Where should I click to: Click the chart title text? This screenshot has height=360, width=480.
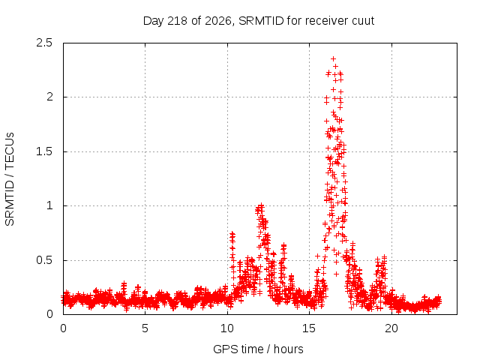click(259, 21)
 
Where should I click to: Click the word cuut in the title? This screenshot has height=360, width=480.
click(363, 21)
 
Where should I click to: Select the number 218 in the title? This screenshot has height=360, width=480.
click(178, 21)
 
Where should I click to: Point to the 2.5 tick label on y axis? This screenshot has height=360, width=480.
click(44, 43)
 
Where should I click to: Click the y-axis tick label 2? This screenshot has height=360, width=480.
click(49, 97)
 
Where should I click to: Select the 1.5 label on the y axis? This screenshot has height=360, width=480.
click(44, 151)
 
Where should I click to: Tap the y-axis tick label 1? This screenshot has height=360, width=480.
click(50, 205)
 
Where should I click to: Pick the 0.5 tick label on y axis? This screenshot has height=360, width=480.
click(44, 260)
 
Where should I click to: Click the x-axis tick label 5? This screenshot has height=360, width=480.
click(145, 328)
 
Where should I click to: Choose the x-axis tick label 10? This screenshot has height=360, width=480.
click(227, 328)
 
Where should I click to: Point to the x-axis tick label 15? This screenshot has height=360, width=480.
click(309, 328)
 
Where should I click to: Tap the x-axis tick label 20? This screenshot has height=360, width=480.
click(391, 328)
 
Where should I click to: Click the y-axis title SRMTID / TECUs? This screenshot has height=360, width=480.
click(10, 179)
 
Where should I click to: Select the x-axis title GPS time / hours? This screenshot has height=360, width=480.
click(258, 349)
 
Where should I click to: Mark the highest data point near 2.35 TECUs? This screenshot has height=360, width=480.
click(333, 58)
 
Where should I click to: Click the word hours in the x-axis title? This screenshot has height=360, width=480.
click(288, 349)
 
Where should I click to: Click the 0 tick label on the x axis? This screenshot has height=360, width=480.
click(63, 328)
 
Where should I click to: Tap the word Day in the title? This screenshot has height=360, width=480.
click(154, 21)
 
